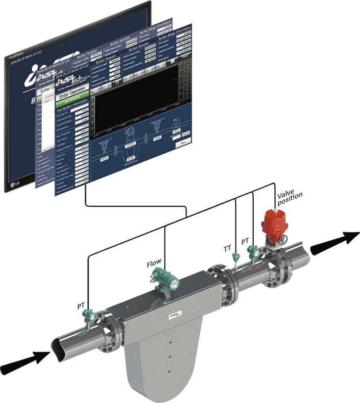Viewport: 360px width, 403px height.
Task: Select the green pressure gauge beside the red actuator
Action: click(x=253, y=252)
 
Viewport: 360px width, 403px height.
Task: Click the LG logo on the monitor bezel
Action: click(x=13, y=185)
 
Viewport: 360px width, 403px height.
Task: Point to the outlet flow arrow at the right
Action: click(x=336, y=242)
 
